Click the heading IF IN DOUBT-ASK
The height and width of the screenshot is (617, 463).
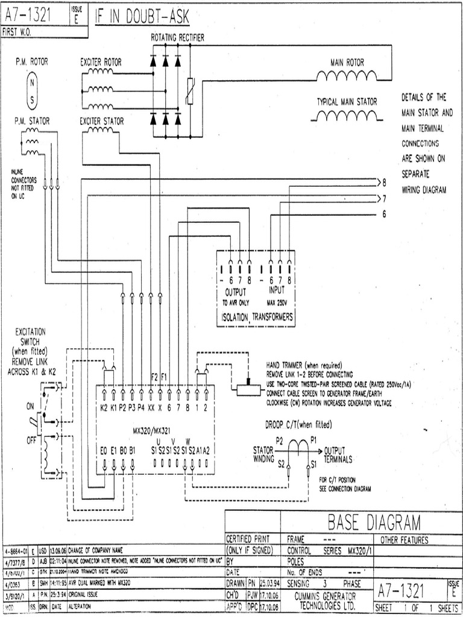(142, 18)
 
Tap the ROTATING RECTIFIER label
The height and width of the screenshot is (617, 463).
(177, 37)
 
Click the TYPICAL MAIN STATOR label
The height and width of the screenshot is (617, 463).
(347, 102)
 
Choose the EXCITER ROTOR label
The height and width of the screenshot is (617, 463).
(101, 61)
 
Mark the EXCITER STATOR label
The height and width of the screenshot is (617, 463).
(102, 121)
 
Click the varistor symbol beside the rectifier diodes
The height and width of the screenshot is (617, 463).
(191, 91)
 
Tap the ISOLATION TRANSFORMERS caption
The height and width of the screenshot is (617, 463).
(256, 316)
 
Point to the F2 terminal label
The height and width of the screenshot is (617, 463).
(154, 377)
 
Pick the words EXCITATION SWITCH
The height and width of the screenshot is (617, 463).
(31, 336)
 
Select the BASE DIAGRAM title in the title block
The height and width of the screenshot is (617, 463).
(374, 522)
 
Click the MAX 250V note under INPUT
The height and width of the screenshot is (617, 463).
(279, 302)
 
